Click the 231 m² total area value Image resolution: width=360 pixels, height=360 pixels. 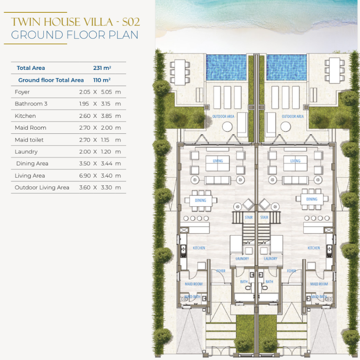[102, 68]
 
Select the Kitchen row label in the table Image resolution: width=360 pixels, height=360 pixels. [25, 116]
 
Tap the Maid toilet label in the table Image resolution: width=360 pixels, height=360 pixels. [29, 140]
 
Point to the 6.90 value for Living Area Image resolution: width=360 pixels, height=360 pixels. [85, 175]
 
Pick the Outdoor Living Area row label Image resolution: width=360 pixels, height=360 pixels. [42, 188]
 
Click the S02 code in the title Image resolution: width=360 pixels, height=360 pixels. [131, 22]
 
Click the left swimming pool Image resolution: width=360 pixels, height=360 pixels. [226, 67]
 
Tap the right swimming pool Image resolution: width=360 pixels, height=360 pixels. [286, 67]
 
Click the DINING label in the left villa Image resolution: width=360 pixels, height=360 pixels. [201, 201]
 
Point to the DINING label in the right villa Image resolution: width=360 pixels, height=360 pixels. [312, 199]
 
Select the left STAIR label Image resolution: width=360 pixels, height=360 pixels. [249, 217]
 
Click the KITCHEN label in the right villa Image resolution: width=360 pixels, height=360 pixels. [313, 248]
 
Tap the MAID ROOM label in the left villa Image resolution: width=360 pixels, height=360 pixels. [194, 284]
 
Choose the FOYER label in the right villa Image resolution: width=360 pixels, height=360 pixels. [291, 271]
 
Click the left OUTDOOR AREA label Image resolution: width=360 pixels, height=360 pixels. [223, 116]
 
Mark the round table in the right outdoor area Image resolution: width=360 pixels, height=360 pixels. [286, 127]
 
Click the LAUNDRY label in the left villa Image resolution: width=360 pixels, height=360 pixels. [242, 259]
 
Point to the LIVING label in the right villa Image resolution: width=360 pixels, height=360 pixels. [295, 161]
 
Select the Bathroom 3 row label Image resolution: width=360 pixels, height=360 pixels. [31, 104]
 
